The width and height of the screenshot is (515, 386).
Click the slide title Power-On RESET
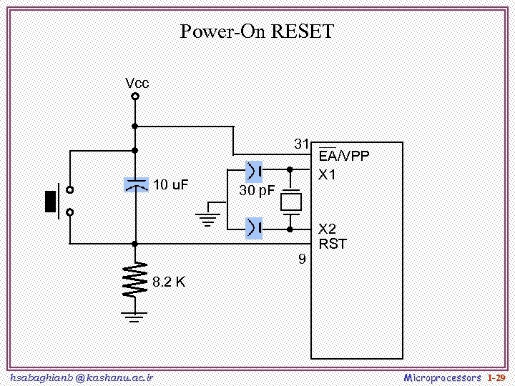click(x=257, y=32)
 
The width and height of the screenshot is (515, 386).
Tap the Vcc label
click(x=137, y=84)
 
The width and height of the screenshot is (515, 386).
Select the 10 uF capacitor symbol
click(x=135, y=185)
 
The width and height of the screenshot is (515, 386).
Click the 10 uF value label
click(x=171, y=185)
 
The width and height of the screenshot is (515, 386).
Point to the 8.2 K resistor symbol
click(x=134, y=279)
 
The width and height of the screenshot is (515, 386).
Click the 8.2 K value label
click(x=170, y=282)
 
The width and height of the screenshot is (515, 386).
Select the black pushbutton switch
click(x=51, y=201)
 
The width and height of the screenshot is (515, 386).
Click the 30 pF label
click(x=257, y=191)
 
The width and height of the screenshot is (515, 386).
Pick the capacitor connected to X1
click(x=254, y=170)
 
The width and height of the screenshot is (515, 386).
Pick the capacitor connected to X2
click(x=254, y=229)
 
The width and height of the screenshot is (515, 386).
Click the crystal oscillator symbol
click(x=290, y=200)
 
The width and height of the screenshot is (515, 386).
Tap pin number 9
click(x=302, y=259)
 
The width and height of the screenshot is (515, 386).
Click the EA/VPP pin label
click(x=344, y=157)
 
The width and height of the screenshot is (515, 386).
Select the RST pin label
click(x=333, y=244)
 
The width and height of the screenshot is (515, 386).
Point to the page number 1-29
click(x=496, y=377)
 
